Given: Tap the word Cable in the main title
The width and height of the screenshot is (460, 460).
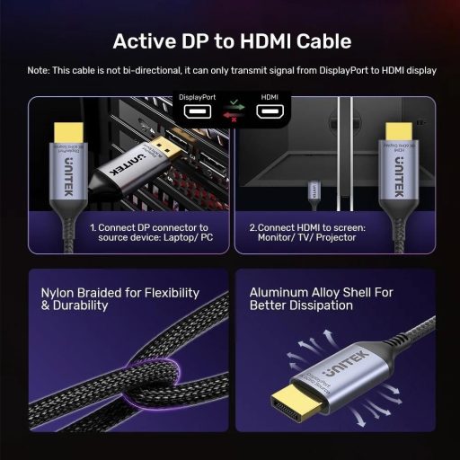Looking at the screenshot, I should pyautogui.click(x=320, y=42).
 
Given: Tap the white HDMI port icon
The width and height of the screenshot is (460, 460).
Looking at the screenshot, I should pyautogui.click(x=270, y=112).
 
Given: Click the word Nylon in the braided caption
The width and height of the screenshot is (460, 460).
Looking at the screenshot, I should pyautogui.click(x=61, y=292).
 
